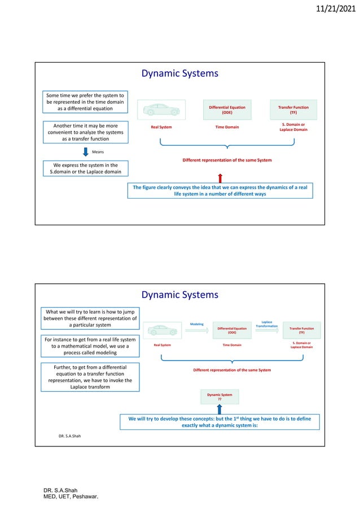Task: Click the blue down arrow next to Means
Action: (85, 152)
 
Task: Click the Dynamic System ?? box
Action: (219, 396)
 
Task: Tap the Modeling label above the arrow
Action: (196, 324)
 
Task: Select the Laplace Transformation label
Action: (267, 324)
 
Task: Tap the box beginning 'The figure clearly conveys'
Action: (220, 190)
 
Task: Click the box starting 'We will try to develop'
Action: (219, 422)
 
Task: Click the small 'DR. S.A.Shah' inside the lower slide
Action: (70, 436)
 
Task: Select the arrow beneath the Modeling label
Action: (196, 332)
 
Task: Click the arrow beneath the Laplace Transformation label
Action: (267, 332)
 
